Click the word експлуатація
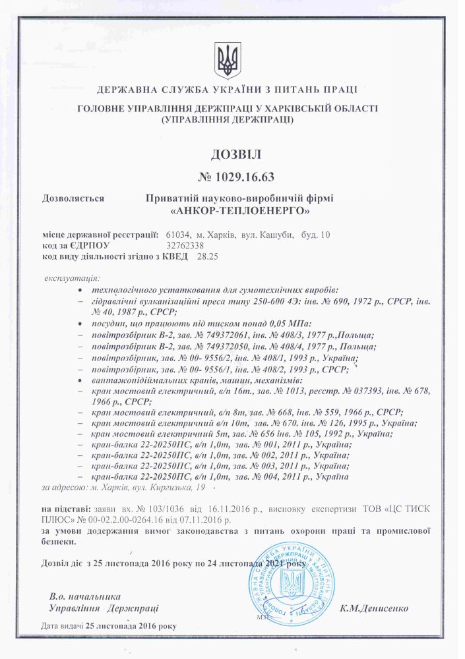tap(71, 279)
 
